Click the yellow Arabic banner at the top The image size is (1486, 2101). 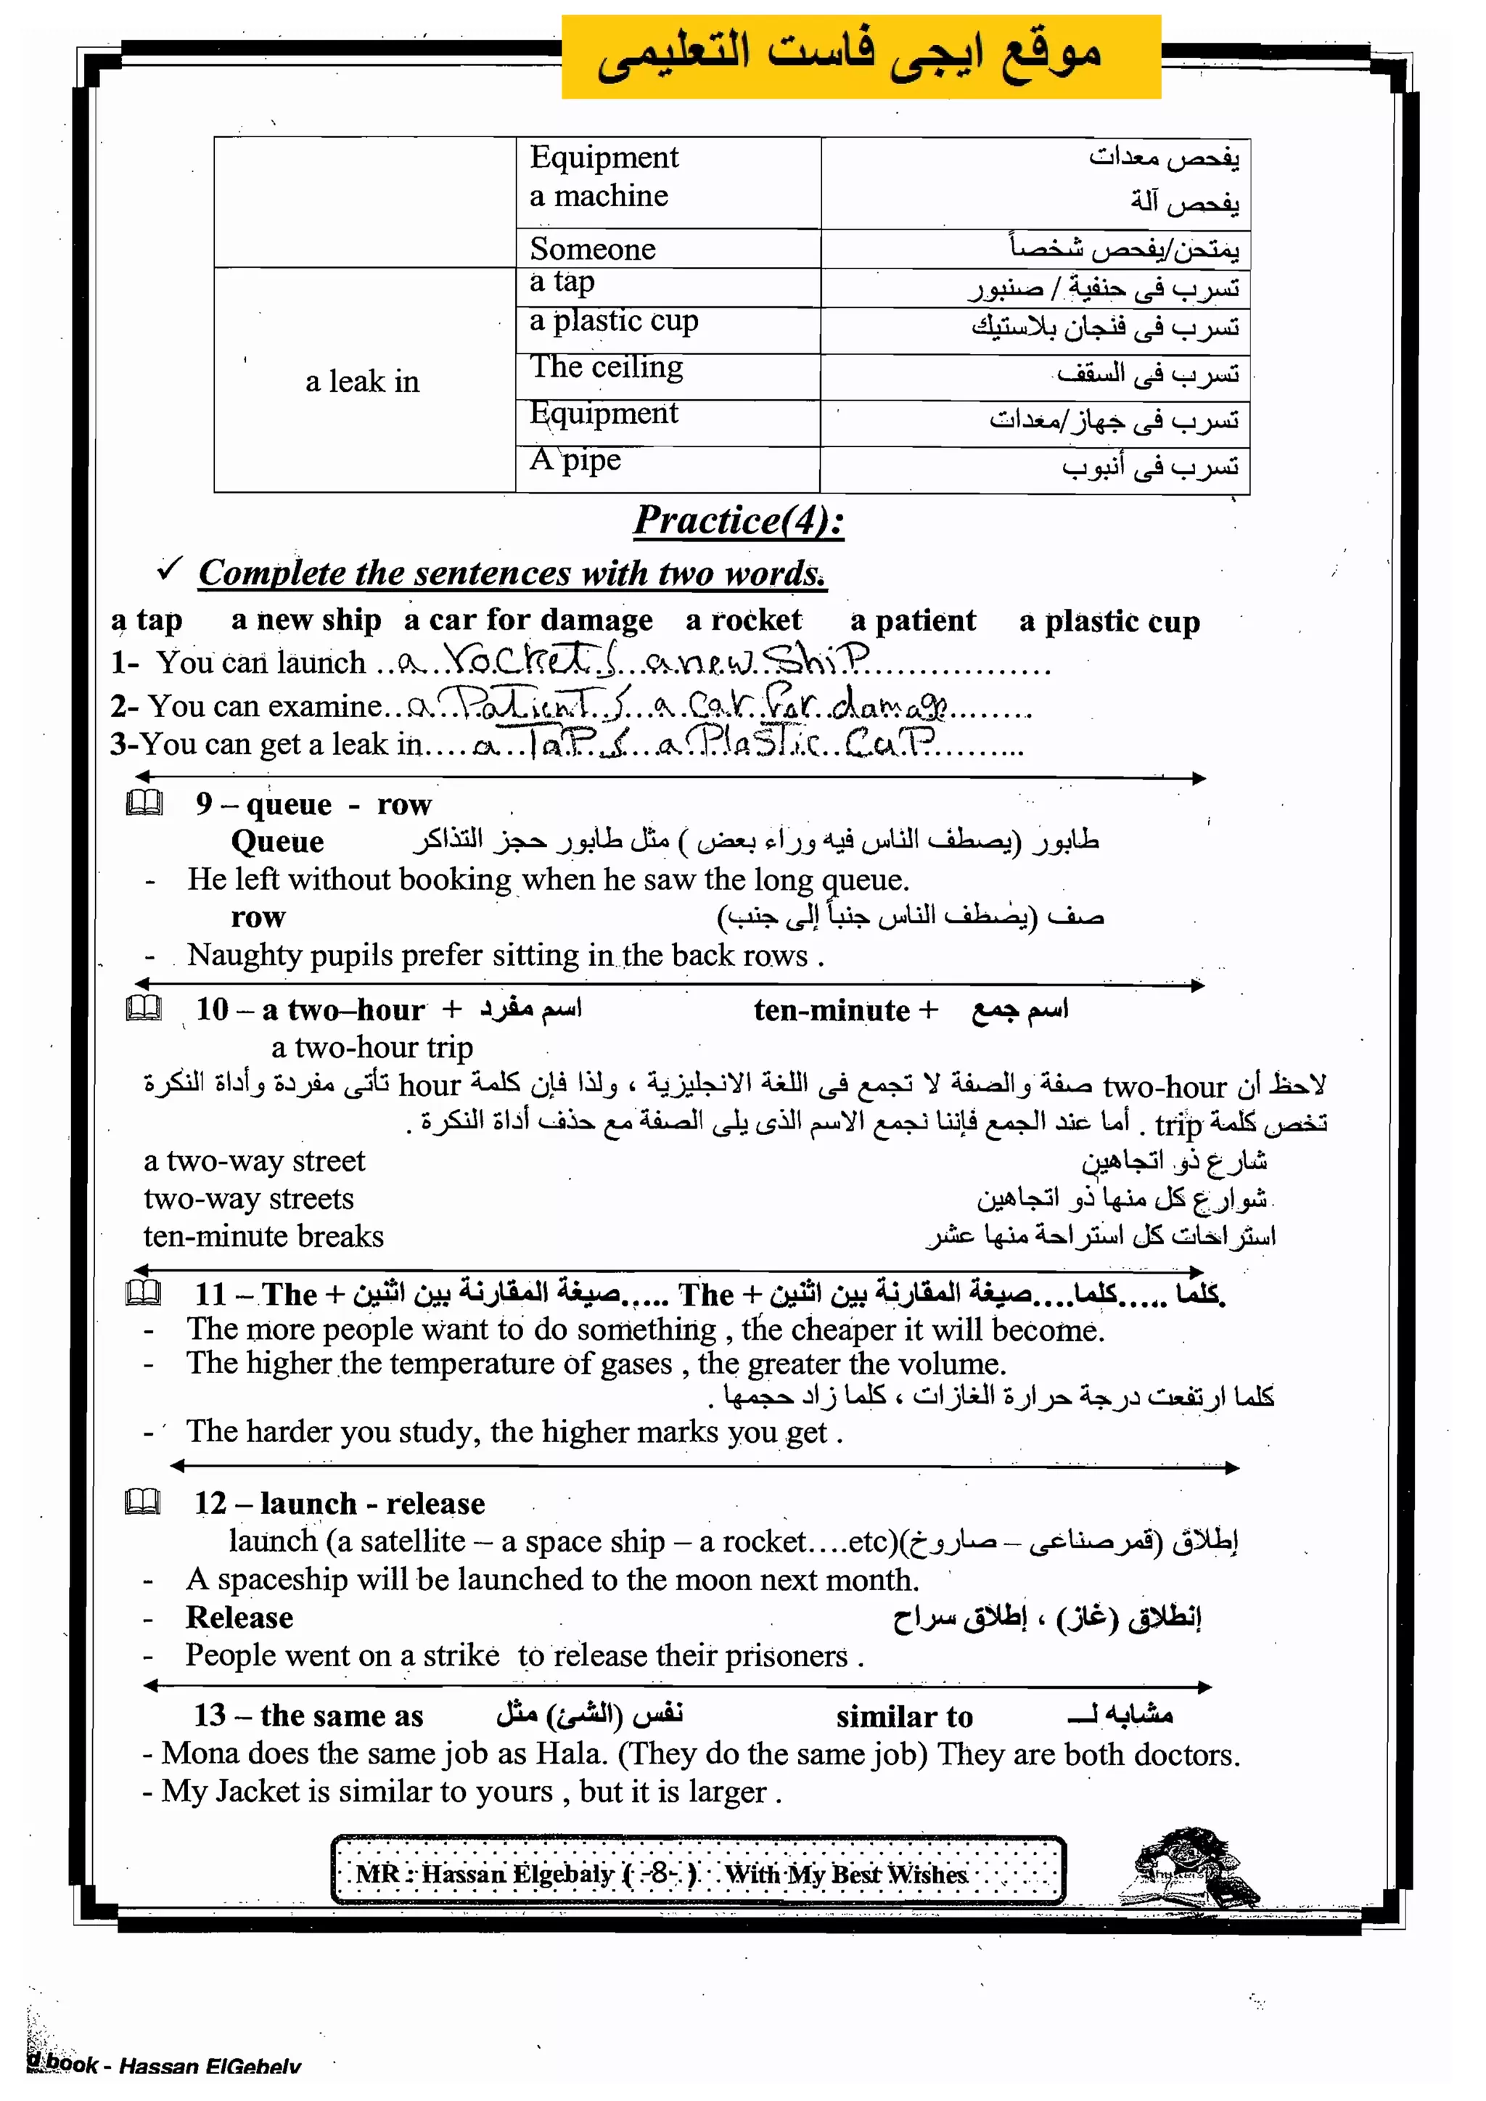[860, 57]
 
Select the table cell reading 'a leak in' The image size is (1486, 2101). [362, 381]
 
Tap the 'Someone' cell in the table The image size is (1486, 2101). [593, 249]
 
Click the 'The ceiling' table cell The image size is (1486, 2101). [606, 367]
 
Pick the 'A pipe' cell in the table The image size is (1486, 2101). [575, 459]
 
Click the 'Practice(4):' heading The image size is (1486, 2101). [739, 520]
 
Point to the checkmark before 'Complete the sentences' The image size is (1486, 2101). [169, 568]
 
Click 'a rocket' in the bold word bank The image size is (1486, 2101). [743, 621]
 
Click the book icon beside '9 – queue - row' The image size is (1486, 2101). [144, 803]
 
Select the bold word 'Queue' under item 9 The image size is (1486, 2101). [277, 841]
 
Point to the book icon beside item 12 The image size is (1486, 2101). [143, 1502]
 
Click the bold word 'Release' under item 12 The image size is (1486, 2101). [239, 1617]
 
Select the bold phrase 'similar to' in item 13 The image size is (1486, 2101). [904, 1716]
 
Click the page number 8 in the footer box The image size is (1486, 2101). [660, 1873]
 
